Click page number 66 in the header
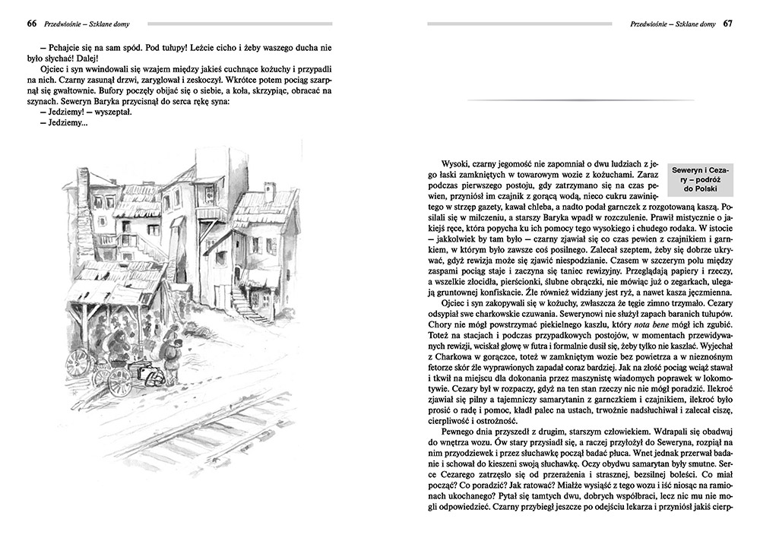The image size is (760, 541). [x=31, y=24]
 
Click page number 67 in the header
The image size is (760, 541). [x=727, y=24]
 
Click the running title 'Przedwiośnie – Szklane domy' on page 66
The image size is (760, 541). [x=87, y=24]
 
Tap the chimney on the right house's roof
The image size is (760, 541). [x=269, y=191]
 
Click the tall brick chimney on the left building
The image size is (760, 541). [x=82, y=182]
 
